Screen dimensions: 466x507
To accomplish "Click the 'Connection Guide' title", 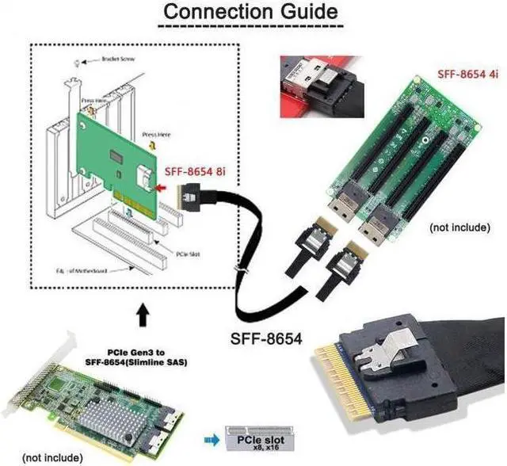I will tap(251, 13).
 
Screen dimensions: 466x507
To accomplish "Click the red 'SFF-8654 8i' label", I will tap(196, 170).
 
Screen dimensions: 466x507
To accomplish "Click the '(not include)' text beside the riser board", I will tap(460, 227).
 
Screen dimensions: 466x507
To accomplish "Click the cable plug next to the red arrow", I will tap(191, 191).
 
